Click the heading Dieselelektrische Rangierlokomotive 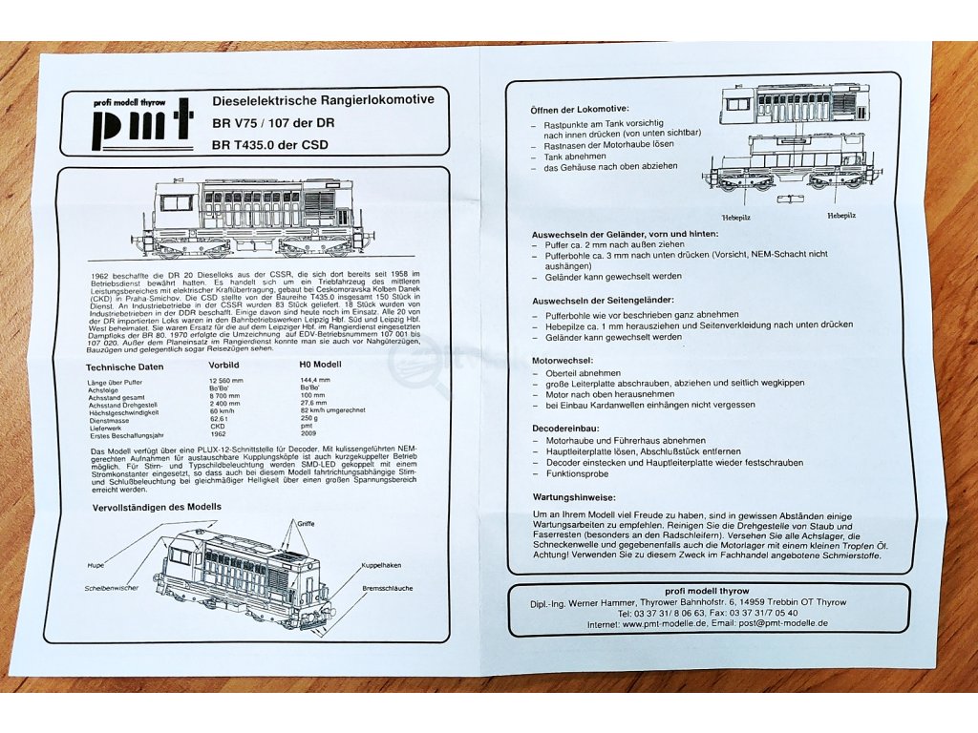322,100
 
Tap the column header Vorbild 224,366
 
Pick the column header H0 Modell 321,366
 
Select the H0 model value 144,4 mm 315,381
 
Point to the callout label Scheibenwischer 112,588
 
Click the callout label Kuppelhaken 378,566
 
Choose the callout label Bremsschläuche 388,589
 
